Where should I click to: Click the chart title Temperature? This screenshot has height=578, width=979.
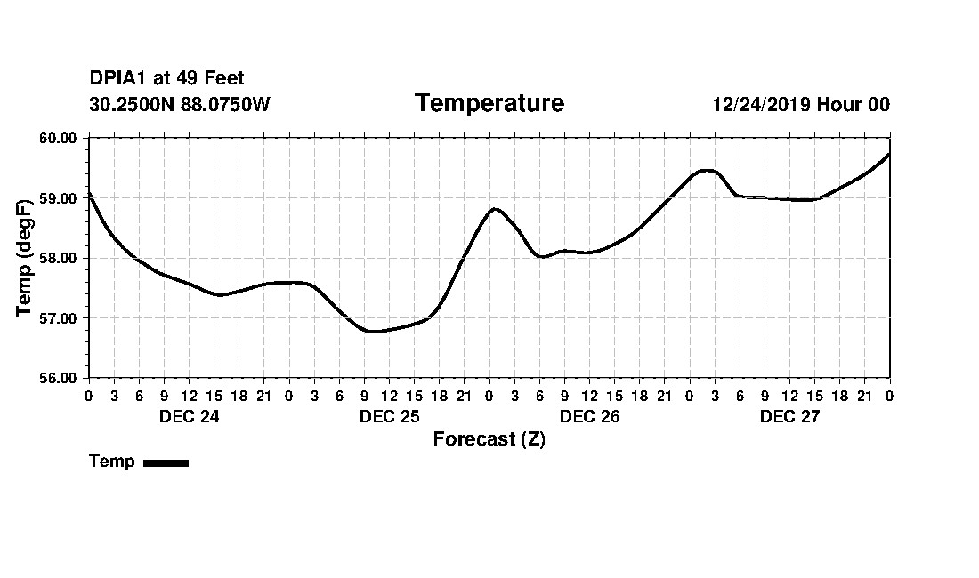tap(489, 104)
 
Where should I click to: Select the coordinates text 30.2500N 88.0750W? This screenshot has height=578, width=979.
tap(179, 105)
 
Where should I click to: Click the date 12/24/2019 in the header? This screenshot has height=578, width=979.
tap(762, 105)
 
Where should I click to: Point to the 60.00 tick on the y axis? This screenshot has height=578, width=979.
tap(60, 138)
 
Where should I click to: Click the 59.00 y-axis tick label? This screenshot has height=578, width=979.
tap(60, 198)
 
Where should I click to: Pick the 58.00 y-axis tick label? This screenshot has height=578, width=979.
tap(60, 258)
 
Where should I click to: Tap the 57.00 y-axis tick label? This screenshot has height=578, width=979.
tap(60, 318)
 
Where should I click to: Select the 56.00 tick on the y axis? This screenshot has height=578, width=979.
tap(60, 378)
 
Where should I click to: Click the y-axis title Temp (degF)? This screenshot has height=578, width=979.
tap(26, 258)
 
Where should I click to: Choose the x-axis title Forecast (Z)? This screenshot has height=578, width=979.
tap(489, 439)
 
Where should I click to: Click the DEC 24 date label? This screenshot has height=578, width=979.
tap(189, 417)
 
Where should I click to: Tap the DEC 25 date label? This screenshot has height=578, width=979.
tap(389, 417)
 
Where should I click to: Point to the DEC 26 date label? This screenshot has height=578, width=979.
tap(589, 417)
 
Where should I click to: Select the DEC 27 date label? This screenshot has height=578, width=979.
tap(789, 417)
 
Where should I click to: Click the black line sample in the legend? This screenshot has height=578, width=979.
tap(166, 462)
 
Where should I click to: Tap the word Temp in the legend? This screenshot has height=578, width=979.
tap(112, 462)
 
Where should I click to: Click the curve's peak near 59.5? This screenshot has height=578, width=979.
tap(707, 170)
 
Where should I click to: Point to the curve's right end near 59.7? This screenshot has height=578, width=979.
tap(889, 155)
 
